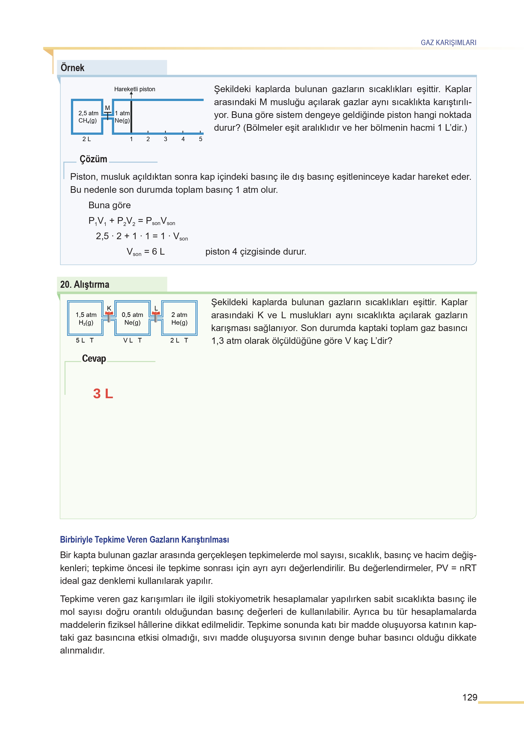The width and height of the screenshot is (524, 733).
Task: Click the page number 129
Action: tap(470, 697)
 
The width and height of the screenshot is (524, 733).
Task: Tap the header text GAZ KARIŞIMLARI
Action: tap(448, 42)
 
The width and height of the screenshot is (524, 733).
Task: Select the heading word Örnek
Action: tap(72, 68)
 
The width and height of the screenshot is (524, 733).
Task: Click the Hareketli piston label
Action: tap(135, 89)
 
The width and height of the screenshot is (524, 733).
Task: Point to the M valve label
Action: tap(107, 108)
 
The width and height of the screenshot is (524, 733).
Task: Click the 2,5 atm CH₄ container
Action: tap(87, 117)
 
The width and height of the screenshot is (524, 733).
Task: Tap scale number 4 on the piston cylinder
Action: tap(183, 139)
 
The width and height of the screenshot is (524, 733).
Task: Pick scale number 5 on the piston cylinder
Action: tap(200, 139)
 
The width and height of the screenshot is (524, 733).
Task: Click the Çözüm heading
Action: tap(93, 159)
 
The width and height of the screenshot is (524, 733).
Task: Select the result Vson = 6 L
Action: tap(146, 252)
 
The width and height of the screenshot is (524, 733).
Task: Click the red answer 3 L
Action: tap(103, 394)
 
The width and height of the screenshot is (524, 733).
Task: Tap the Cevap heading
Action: tap(94, 358)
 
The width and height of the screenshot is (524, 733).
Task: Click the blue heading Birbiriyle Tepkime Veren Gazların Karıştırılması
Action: tap(144, 540)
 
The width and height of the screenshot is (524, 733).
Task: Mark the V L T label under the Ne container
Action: tap(132, 340)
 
